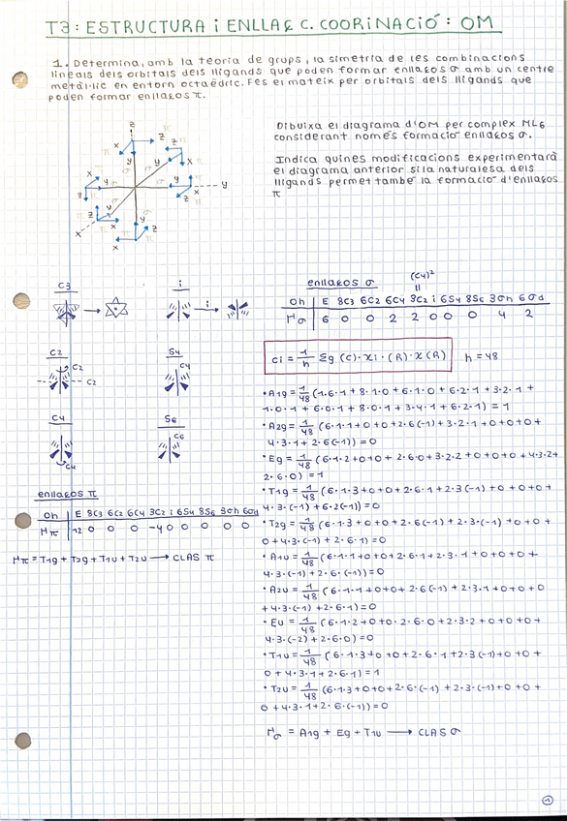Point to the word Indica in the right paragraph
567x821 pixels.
(x=295, y=158)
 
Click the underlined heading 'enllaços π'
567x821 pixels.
(x=59, y=494)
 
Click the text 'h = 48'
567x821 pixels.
(x=482, y=356)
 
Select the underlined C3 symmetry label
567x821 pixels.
(x=65, y=286)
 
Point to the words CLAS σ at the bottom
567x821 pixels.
(x=436, y=733)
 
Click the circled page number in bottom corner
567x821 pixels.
(x=548, y=800)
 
